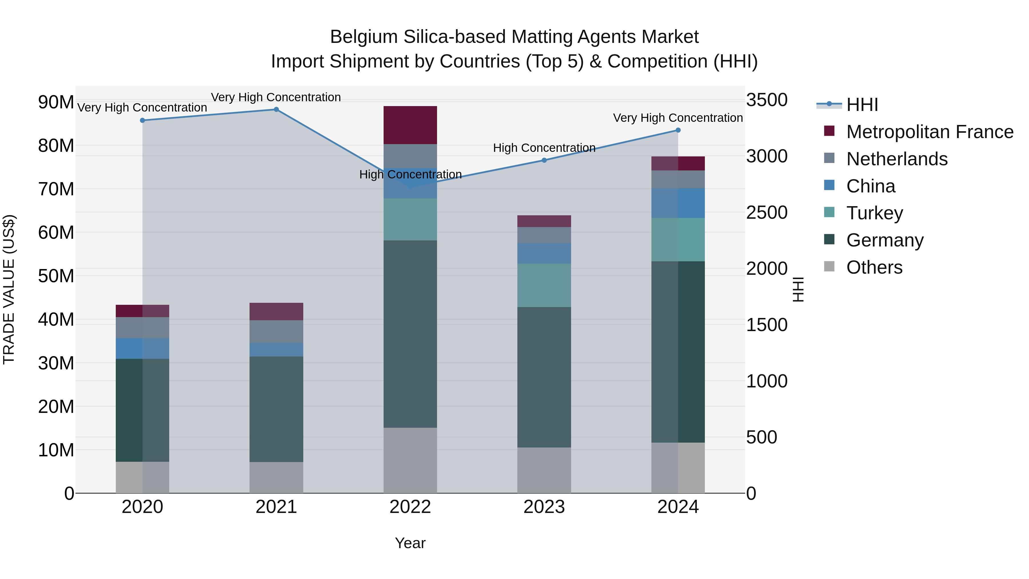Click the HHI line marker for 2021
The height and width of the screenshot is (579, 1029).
(x=276, y=110)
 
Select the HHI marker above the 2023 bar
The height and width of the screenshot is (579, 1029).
(x=544, y=160)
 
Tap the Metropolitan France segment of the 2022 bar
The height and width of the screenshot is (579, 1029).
(x=410, y=125)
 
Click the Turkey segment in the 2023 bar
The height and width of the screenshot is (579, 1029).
(x=544, y=285)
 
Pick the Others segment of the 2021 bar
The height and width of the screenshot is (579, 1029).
(x=276, y=477)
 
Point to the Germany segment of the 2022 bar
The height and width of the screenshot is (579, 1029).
(x=410, y=334)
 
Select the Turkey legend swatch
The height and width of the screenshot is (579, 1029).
(x=829, y=212)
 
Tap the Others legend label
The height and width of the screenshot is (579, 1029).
(x=874, y=267)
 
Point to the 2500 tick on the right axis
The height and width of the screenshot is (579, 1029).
(x=767, y=212)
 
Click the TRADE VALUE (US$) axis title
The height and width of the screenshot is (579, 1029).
(x=9, y=289)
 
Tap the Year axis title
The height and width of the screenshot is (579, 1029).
(x=410, y=543)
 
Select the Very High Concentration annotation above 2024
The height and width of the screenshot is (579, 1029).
(x=678, y=118)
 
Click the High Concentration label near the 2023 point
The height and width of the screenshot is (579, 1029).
(x=544, y=148)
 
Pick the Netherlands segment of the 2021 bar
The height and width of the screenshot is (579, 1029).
(x=276, y=331)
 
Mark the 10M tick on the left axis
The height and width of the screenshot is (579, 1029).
(x=56, y=450)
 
